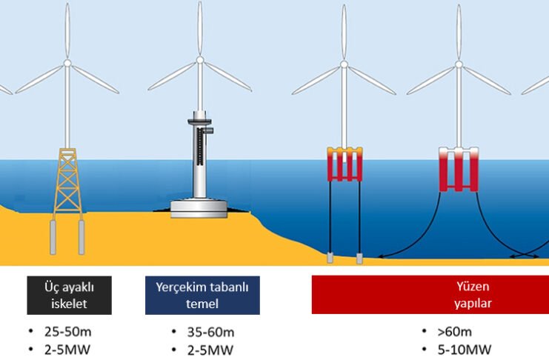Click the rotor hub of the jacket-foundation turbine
[x=67, y=64]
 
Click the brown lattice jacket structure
[x=67, y=182]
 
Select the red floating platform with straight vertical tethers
[x=345, y=164]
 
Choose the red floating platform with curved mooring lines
[x=457, y=170]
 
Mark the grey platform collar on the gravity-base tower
[x=200, y=117]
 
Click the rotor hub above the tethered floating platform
[x=345, y=66]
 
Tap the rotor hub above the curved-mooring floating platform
[x=457, y=66]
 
